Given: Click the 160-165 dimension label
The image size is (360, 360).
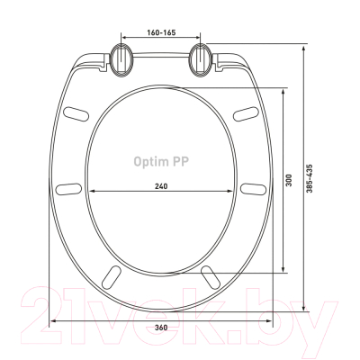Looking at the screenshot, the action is [x=161, y=32].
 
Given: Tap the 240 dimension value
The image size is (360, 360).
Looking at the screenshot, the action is [x=161, y=186].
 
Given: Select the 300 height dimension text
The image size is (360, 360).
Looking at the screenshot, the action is [x=289, y=180].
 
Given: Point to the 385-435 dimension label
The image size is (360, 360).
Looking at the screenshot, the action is [x=310, y=178].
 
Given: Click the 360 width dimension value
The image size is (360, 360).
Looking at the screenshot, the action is [x=161, y=328].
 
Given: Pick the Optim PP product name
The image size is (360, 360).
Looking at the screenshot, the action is [x=161, y=161].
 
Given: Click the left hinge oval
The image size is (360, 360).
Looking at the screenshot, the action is [x=121, y=59].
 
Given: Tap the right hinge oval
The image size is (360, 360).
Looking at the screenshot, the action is [x=201, y=59].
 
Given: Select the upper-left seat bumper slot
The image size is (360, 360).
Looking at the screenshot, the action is [x=76, y=114].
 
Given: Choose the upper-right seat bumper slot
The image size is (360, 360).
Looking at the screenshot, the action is [x=246, y=114].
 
